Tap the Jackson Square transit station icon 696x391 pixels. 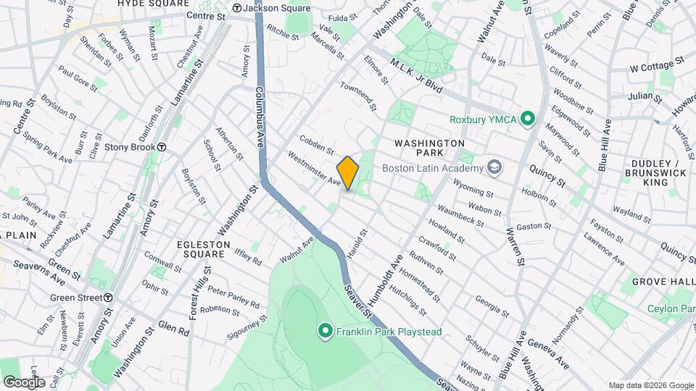tap(236, 9)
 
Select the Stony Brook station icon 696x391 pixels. tap(163, 147)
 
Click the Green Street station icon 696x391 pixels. tap(108, 298)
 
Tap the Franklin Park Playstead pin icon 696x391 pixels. tap(326, 332)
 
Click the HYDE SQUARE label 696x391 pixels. tap(154, 4)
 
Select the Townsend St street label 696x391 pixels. tap(360, 97)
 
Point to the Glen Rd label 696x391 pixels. tap(174, 328)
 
